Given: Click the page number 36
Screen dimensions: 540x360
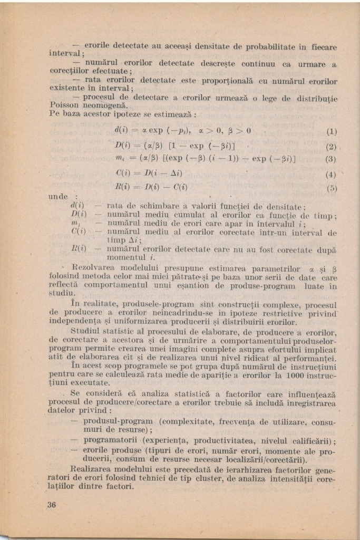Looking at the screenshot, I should click(51, 504).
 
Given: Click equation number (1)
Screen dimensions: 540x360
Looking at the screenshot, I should click(332, 132).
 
